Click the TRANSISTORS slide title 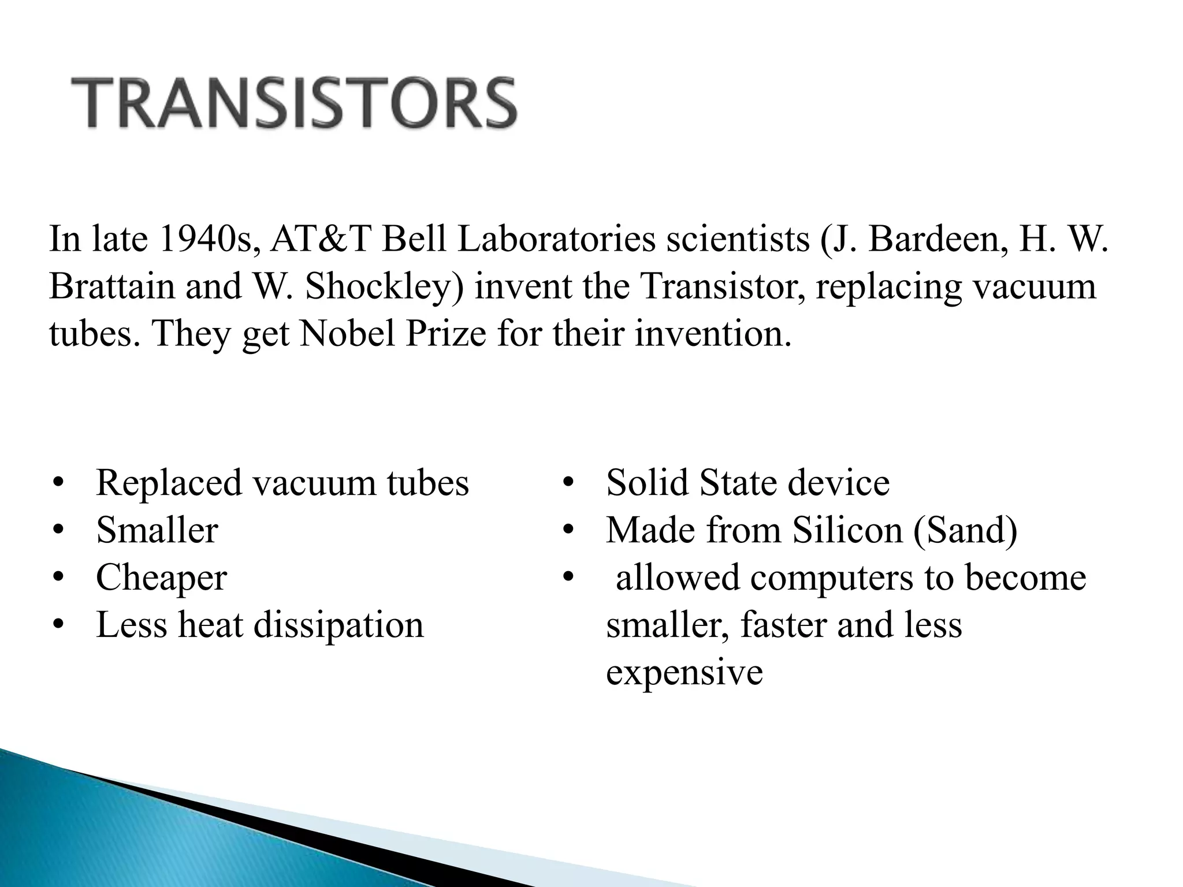tap(293, 103)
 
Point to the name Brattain tap(111, 286)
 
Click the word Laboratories tap(557, 239)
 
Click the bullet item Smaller tap(157, 530)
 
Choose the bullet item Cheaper tap(161, 578)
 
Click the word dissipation tap(339, 625)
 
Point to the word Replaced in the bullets tap(169, 483)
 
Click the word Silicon tap(847, 530)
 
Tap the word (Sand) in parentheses tap(966, 530)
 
